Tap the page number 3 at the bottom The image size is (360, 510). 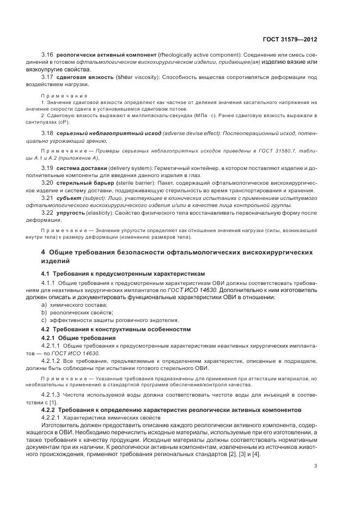coord(315,465)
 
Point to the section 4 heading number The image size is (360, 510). coord(44,252)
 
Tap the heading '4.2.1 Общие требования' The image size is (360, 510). coord(78,338)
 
